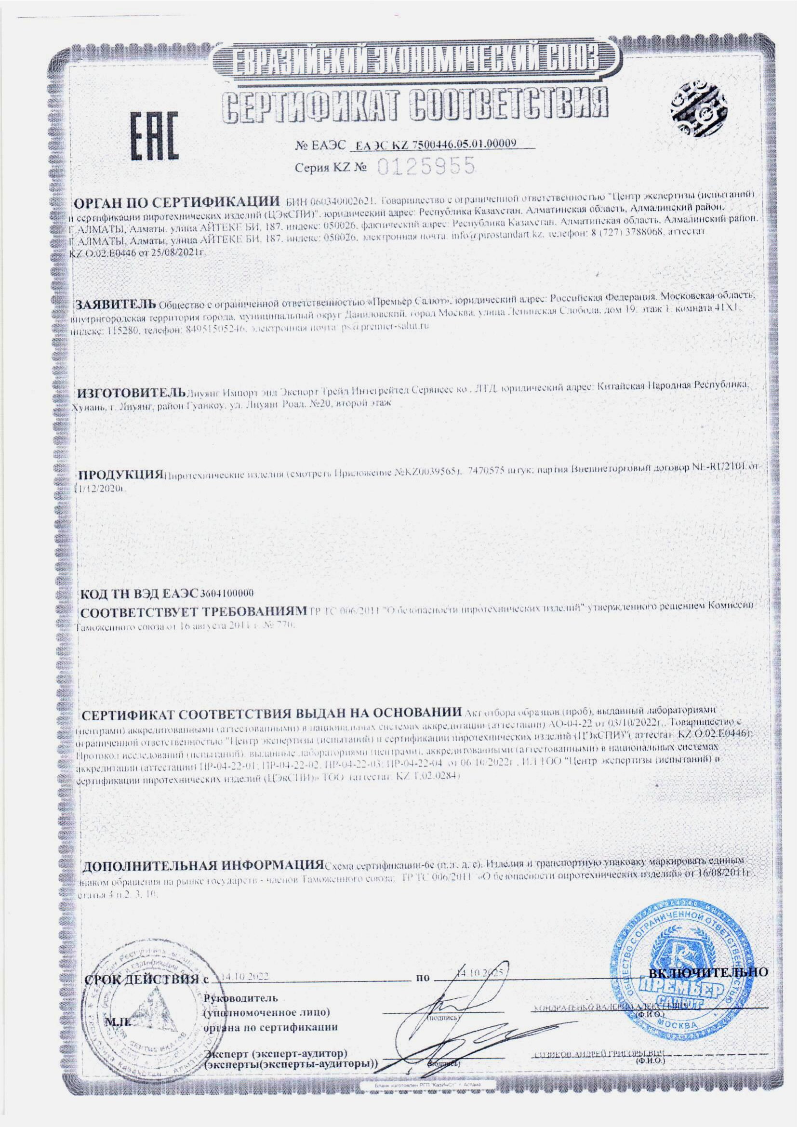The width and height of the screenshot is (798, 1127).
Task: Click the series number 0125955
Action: click(x=427, y=167)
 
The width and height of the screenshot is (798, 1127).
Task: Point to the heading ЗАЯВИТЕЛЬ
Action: click(x=115, y=301)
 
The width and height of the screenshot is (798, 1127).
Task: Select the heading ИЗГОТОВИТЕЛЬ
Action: click(x=130, y=394)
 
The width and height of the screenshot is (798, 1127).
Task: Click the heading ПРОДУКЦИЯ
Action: click(x=121, y=475)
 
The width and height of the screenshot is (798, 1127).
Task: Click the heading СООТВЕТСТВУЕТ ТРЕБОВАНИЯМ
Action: click(x=194, y=612)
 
